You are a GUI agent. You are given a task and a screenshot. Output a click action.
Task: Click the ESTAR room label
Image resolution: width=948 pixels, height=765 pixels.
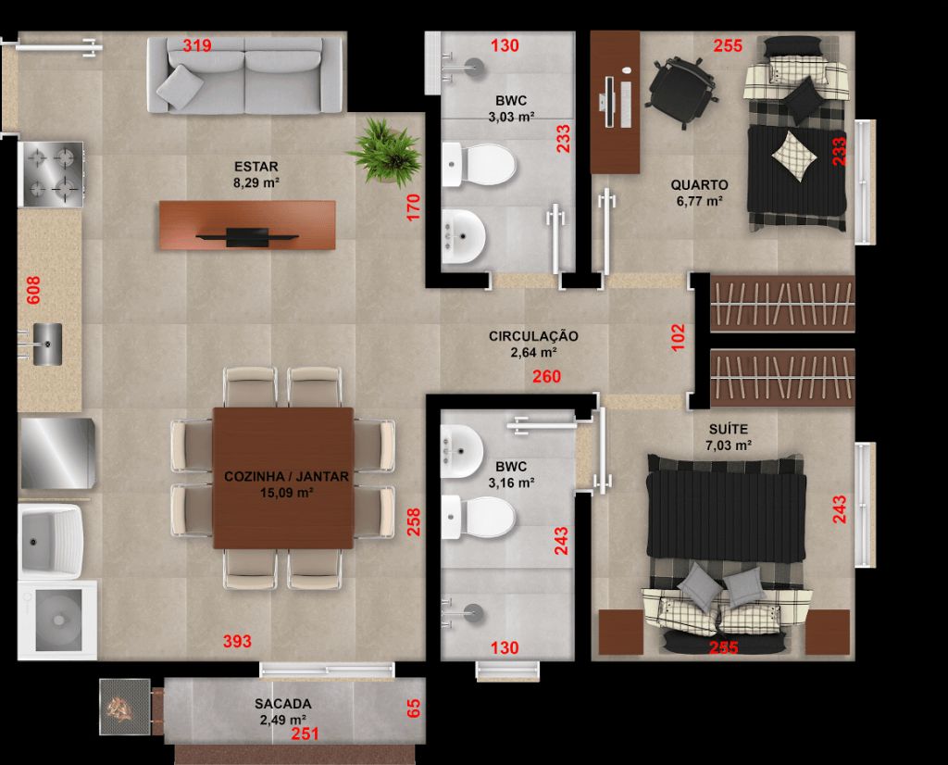pos(256,167)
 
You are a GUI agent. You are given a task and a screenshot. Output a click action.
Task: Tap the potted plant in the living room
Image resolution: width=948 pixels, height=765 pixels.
pos(385,151)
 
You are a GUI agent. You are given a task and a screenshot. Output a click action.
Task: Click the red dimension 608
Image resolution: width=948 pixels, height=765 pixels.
pos(33,290)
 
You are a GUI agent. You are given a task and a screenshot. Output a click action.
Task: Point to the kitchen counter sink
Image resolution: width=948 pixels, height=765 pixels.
pos(46,345)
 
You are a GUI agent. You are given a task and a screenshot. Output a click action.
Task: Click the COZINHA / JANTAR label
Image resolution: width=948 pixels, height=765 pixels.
pos(287,477)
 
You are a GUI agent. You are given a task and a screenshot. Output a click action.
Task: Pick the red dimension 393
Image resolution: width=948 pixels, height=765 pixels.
pos(237,641)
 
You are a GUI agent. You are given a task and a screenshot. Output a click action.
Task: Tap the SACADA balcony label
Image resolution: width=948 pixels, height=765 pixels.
pos(283,704)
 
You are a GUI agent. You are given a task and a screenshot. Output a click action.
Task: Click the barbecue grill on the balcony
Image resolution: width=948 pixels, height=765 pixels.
pos(125,707)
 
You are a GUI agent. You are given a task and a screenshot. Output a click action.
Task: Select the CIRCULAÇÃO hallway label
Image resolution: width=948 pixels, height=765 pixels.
pos(533,336)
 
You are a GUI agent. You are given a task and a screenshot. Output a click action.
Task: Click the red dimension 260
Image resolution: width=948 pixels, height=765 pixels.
pos(546,376)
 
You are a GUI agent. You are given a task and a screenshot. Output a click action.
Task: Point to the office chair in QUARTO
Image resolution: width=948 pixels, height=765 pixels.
pos(681,92)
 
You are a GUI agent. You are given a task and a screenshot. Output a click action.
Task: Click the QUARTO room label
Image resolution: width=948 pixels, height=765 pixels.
pos(699,185)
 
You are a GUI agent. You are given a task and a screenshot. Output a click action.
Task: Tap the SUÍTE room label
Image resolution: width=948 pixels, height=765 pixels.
pos(729,430)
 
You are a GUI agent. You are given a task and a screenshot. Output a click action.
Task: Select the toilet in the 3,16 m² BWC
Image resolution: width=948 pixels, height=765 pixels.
pos(479,517)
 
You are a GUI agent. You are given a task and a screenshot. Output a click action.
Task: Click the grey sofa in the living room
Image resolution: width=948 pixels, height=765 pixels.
pos(244,75)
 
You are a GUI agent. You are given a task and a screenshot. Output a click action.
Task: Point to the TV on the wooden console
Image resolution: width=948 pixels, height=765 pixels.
pos(247,236)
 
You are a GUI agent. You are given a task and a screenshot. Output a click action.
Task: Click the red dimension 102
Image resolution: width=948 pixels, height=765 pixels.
pos(679,337)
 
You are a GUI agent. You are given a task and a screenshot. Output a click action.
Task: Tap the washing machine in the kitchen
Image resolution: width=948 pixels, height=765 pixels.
pos(57,620)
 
